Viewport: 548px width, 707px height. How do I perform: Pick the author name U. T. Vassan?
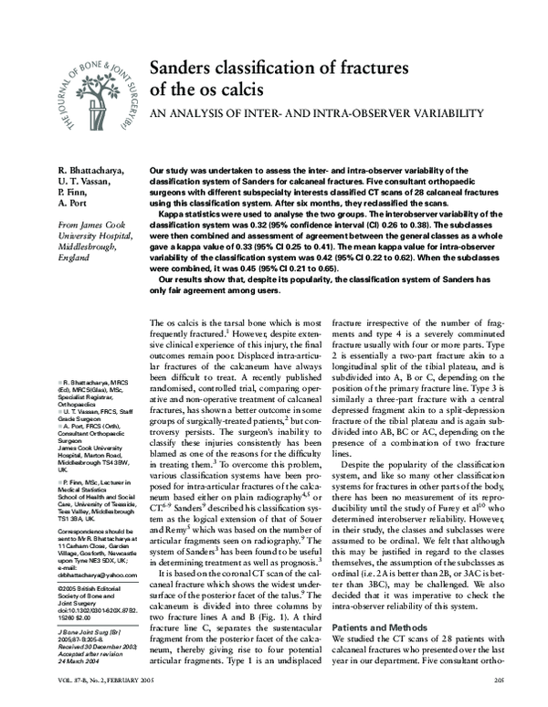pyautogui.click(x=88, y=182)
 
